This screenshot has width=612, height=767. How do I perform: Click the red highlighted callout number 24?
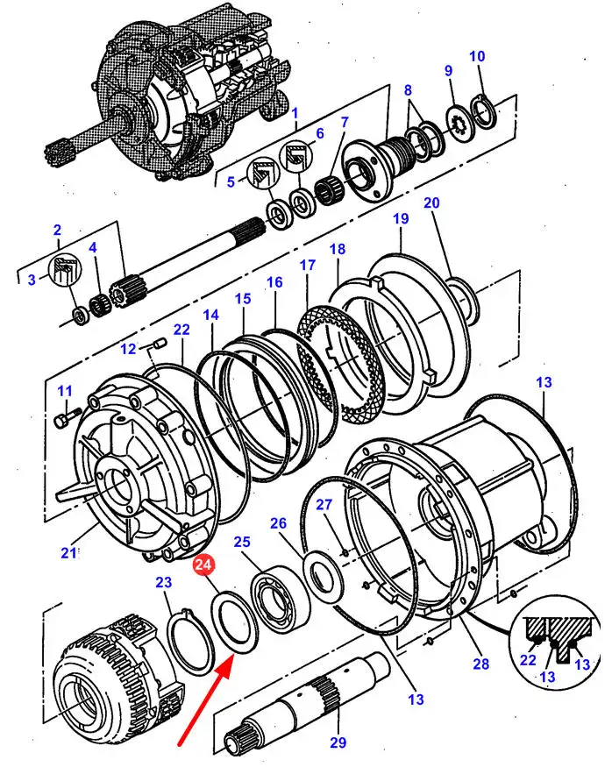(x=203, y=565)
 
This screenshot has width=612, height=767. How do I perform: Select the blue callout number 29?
(x=338, y=742)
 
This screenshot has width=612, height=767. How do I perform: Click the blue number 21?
(x=68, y=552)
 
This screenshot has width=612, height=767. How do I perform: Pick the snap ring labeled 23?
(x=189, y=639)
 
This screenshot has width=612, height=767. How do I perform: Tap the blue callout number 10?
(x=477, y=56)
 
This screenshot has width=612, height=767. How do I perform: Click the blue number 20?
(x=431, y=202)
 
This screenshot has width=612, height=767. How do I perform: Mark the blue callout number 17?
(x=307, y=265)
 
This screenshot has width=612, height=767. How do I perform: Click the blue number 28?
(x=480, y=664)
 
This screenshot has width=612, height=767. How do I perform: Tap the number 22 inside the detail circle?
(x=528, y=660)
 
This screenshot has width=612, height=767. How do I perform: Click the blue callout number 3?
(x=32, y=280)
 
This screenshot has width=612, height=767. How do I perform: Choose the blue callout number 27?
(x=324, y=504)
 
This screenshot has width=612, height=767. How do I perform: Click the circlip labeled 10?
(x=484, y=113)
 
